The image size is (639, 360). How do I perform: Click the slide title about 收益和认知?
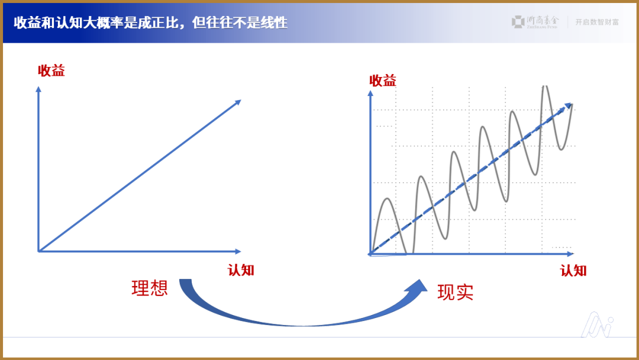pyautogui.click(x=150, y=23)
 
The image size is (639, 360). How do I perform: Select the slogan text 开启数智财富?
pyautogui.click(x=597, y=22)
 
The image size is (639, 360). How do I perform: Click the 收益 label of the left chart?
pyautogui.click(x=51, y=71)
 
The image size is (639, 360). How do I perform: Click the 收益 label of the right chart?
pyautogui.click(x=383, y=81)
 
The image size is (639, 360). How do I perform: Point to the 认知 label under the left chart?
pyautogui.click(x=241, y=270)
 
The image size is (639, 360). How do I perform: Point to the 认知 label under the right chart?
pyautogui.click(x=573, y=271)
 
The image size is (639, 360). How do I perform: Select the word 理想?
pyautogui.click(x=150, y=288)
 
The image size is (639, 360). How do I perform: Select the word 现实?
pyautogui.click(x=456, y=292)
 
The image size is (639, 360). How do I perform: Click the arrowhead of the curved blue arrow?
pyautogui.click(x=419, y=287)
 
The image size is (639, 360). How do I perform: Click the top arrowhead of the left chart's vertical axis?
pyautogui.click(x=38, y=89)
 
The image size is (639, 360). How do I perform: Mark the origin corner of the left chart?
pyautogui.click(x=38, y=252)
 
